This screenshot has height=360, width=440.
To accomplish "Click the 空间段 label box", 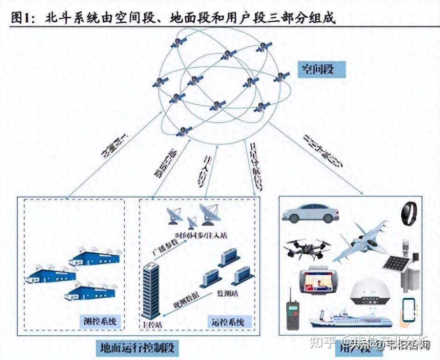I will (321, 70).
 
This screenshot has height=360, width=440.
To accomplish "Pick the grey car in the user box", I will (310, 213).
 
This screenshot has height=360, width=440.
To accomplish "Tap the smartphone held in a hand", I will (409, 310).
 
